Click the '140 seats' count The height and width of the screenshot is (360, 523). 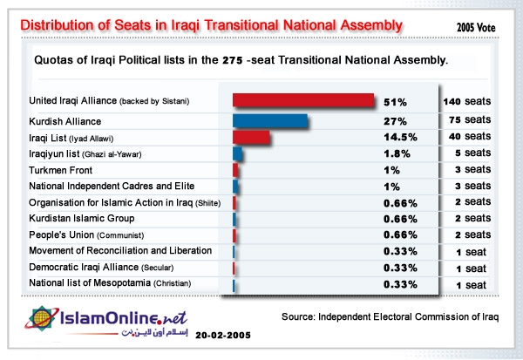click(469, 102)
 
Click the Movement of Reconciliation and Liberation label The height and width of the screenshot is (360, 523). click(120, 251)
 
